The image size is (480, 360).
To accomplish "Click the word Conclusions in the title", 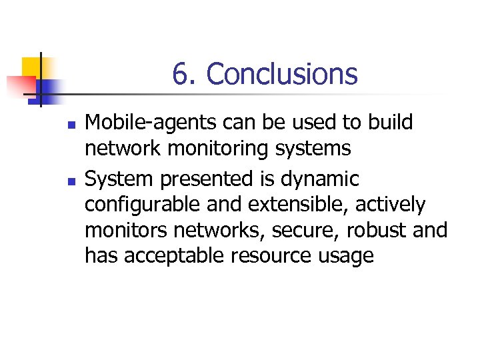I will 282,74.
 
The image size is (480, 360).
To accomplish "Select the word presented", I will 208,179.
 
